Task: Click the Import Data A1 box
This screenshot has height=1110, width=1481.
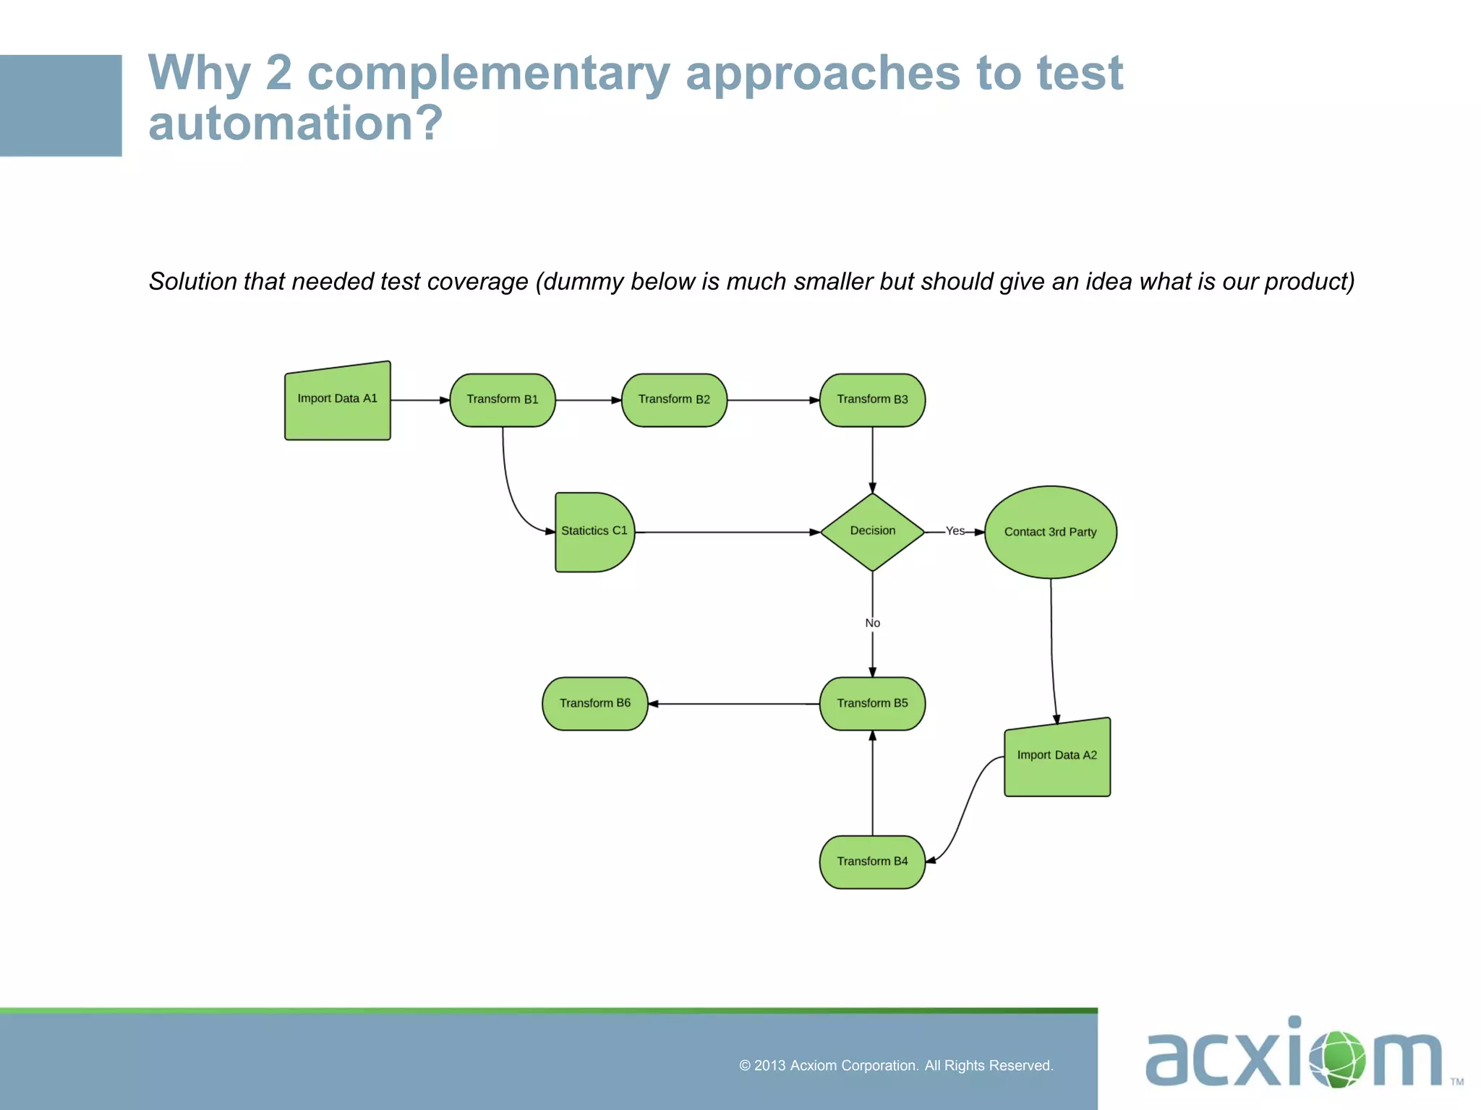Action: (337, 402)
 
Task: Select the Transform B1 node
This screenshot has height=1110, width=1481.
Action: (503, 400)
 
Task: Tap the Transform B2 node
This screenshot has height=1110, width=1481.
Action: (674, 400)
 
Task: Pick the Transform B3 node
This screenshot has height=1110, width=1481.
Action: (872, 400)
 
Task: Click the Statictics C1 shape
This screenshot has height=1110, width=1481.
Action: (593, 532)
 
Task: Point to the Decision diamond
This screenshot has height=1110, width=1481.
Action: (872, 532)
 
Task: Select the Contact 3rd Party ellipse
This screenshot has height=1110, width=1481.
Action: (1050, 532)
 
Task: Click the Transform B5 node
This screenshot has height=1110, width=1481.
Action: (872, 703)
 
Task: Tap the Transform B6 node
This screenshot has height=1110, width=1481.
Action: (594, 703)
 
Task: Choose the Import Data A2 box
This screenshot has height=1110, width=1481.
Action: (1057, 759)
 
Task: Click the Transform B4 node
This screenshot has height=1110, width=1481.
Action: (872, 861)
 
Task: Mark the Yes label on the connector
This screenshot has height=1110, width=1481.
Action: (955, 530)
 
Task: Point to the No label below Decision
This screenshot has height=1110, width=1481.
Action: (872, 623)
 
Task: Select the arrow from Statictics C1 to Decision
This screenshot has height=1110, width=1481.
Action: (727, 532)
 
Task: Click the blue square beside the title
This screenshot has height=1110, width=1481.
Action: (61, 106)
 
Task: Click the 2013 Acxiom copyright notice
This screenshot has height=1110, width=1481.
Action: (895, 1065)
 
